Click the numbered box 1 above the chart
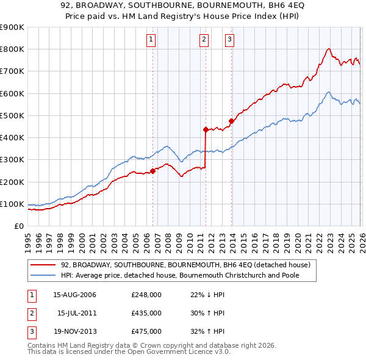click(x=151, y=40)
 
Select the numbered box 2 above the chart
click(x=204, y=40)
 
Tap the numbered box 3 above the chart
click(x=229, y=40)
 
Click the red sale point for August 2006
click(x=152, y=171)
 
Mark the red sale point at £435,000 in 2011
click(x=206, y=129)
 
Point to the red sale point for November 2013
click(x=231, y=121)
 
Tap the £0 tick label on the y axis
click(x=18, y=226)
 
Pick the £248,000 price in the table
click(x=146, y=295)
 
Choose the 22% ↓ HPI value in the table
click(x=208, y=295)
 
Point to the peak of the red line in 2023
click(x=329, y=49)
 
